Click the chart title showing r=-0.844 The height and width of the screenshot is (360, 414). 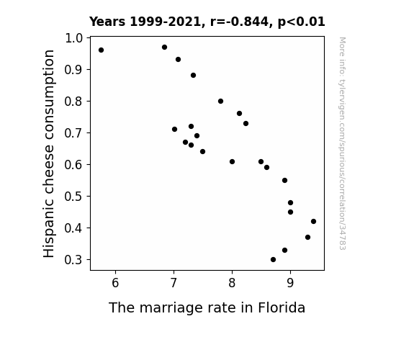pos(207,22)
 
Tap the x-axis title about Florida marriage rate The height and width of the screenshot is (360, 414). pos(207,308)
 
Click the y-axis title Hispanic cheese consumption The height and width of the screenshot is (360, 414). pos(49,153)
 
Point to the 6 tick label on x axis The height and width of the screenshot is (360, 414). pos(115,283)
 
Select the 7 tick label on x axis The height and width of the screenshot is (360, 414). pos(174,283)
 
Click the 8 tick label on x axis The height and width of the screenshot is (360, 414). pos(232,283)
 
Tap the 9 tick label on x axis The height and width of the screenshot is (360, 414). pos(290,283)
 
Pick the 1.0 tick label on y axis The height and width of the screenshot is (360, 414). pos(73,38)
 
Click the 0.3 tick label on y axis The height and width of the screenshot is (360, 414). pos(73,260)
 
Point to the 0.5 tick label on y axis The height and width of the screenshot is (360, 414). pos(73,197)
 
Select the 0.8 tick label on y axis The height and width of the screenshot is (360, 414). pos(73,101)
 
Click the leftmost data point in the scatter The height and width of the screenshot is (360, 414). pos(101,50)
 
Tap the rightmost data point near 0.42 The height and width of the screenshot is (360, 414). pos(313,221)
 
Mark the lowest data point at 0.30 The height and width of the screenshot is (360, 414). pos(274,260)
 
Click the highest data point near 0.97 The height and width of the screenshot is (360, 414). pos(164,48)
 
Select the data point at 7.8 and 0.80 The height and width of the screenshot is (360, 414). pos(221,101)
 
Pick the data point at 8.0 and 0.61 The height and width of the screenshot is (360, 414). pos(232,162)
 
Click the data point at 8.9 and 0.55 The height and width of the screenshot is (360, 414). pos(284,181)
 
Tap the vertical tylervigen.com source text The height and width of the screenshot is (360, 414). pos(342,143)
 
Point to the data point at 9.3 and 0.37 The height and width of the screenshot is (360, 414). pos(307,237)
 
